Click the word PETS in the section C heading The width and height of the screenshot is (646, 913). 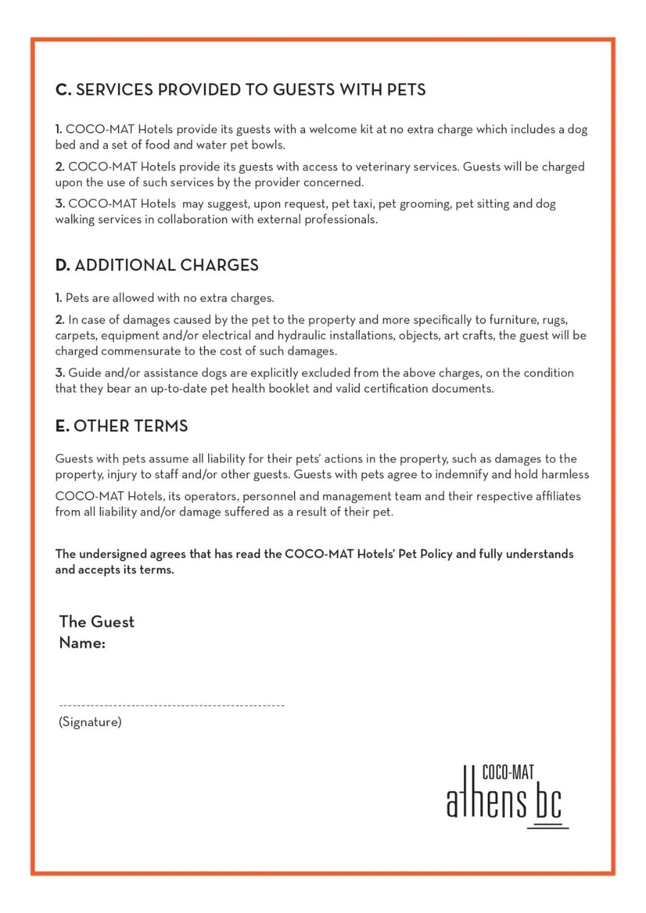[x=406, y=90]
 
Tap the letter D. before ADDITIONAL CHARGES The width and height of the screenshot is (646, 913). [x=62, y=265]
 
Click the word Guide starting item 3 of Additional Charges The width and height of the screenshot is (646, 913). [x=85, y=373]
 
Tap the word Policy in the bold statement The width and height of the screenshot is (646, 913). [x=436, y=554]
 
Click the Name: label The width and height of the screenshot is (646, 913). [x=82, y=643]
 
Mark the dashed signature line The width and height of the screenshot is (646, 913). [x=172, y=705]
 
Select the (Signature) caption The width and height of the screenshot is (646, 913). [x=90, y=722]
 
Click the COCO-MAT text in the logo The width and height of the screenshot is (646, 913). [x=508, y=772]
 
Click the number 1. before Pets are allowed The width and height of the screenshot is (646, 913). [x=59, y=298]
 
